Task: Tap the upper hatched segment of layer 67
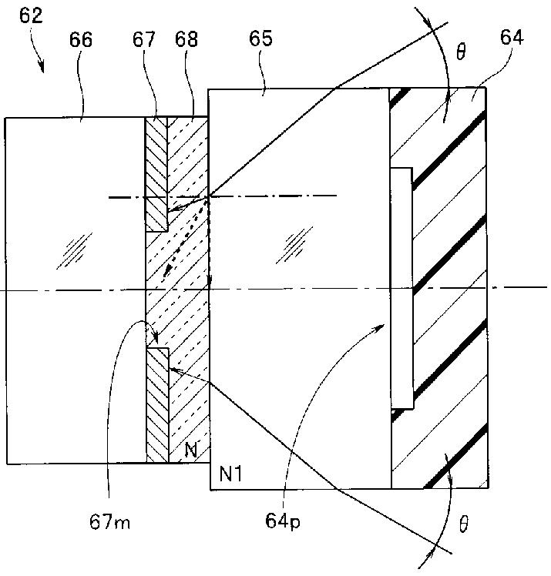(x=156, y=174)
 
